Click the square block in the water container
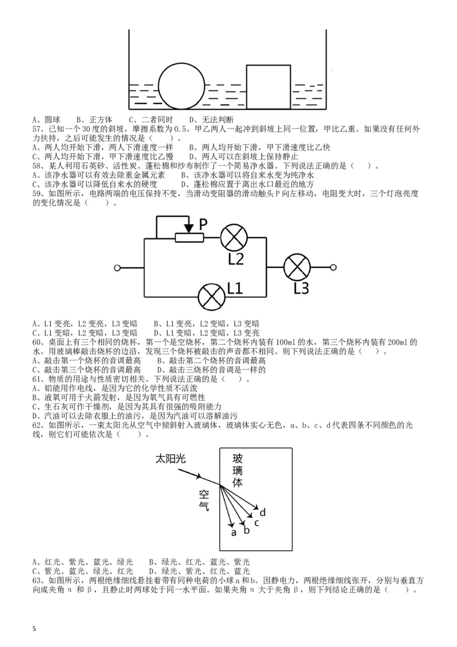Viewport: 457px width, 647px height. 268,86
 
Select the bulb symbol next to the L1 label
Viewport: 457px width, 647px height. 211,297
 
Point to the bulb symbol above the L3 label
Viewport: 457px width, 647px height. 297,267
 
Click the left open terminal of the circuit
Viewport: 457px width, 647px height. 118,267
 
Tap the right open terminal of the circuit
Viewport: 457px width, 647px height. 334,267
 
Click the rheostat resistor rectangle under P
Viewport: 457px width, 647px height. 189,237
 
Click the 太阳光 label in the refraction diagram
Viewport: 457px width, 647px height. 171,459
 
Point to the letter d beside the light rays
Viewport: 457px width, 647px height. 263,511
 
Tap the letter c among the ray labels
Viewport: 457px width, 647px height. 256,522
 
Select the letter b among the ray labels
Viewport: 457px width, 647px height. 246,530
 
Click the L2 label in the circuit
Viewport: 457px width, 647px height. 235,258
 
